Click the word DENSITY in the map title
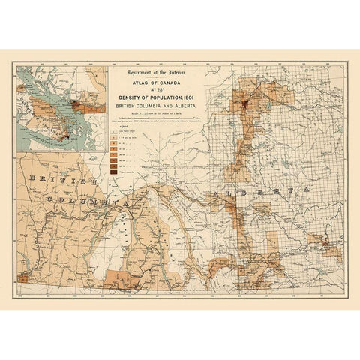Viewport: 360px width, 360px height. coord(129,97)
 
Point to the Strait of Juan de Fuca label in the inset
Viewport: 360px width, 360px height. coord(49,142)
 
